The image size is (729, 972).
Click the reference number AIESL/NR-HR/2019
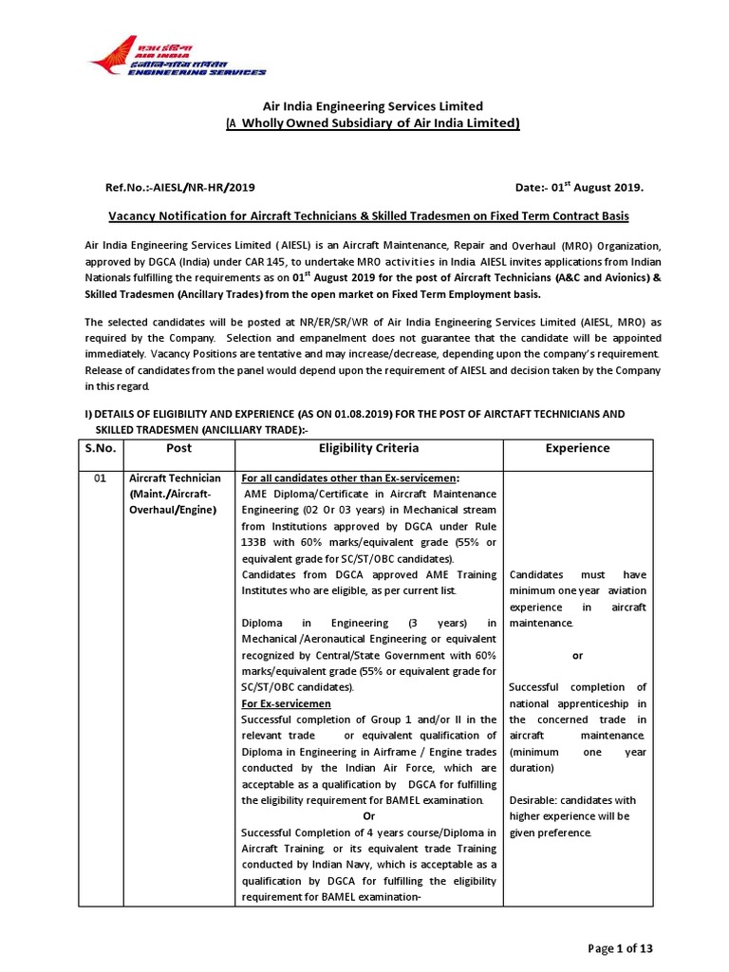click(x=180, y=188)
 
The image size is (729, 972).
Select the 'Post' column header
click(x=178, y=449)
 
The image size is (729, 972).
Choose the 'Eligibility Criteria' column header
click(x=368, y=448)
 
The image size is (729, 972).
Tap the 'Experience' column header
click(x=578, y=449)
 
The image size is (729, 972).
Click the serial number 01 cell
click(x=99, y=478)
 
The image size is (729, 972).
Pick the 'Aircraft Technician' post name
click(x=175, y=478)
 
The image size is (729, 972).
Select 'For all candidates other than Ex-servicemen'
click(x=350, y=478)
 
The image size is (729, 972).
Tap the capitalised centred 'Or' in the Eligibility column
click(x=370, y=816)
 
